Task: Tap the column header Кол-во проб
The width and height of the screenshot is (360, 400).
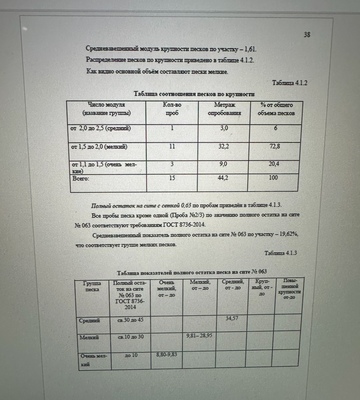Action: coord(171,109)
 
